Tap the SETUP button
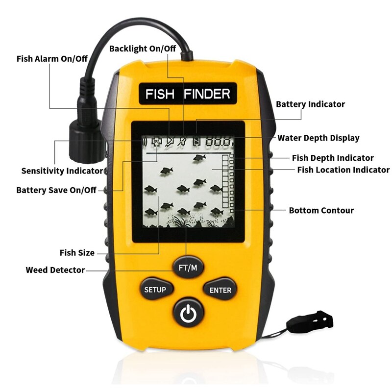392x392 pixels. coord(155,290)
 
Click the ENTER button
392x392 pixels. coord(220,290)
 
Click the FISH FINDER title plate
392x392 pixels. coord(188,94)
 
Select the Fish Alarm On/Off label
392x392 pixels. coord(52,59)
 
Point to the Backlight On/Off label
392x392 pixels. coord(143,49)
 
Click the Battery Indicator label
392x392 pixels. coord(310,104)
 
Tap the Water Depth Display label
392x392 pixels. coord(318,138)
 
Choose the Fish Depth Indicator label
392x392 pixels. coord(333,158)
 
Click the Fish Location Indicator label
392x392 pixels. coord(343,170)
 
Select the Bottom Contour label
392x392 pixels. coord(321,211)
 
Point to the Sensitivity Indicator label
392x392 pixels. coord(62,171)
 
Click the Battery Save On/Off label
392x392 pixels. coord(56,190)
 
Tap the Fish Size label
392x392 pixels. coord(77,253)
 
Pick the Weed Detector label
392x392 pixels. coord(55,270)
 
